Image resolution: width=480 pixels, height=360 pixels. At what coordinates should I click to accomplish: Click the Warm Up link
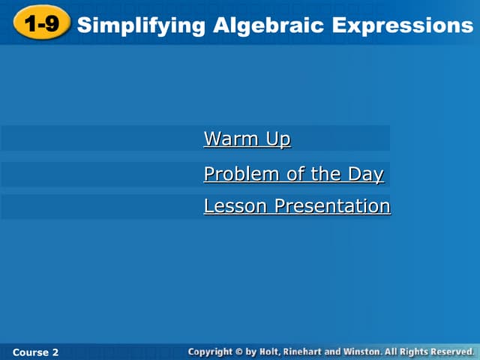point(247,139)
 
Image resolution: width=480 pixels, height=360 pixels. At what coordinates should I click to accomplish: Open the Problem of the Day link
point(293,175)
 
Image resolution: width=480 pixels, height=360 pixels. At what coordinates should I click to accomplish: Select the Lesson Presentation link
point(297,206)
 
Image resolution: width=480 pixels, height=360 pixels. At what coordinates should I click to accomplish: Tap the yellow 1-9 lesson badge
point(40,25)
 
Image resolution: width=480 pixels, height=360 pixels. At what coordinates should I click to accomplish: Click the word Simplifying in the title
point(141,25)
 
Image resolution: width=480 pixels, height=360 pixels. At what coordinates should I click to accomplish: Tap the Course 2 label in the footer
point(35,352)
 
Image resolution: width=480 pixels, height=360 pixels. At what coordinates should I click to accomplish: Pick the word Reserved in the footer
point(453,351)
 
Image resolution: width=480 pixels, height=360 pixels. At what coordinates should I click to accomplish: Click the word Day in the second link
point(365,175)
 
